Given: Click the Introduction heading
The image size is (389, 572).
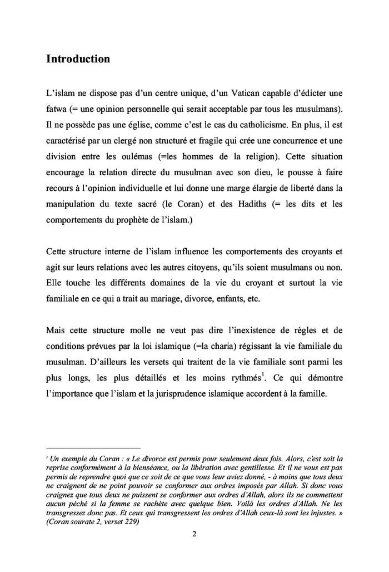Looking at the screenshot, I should point(78,59).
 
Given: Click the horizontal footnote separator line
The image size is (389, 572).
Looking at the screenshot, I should point(93,447).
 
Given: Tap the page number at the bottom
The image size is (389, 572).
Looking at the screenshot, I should point(194,534).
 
